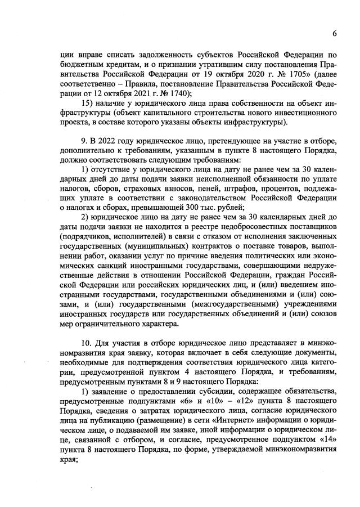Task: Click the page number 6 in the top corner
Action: click(334, 33)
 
